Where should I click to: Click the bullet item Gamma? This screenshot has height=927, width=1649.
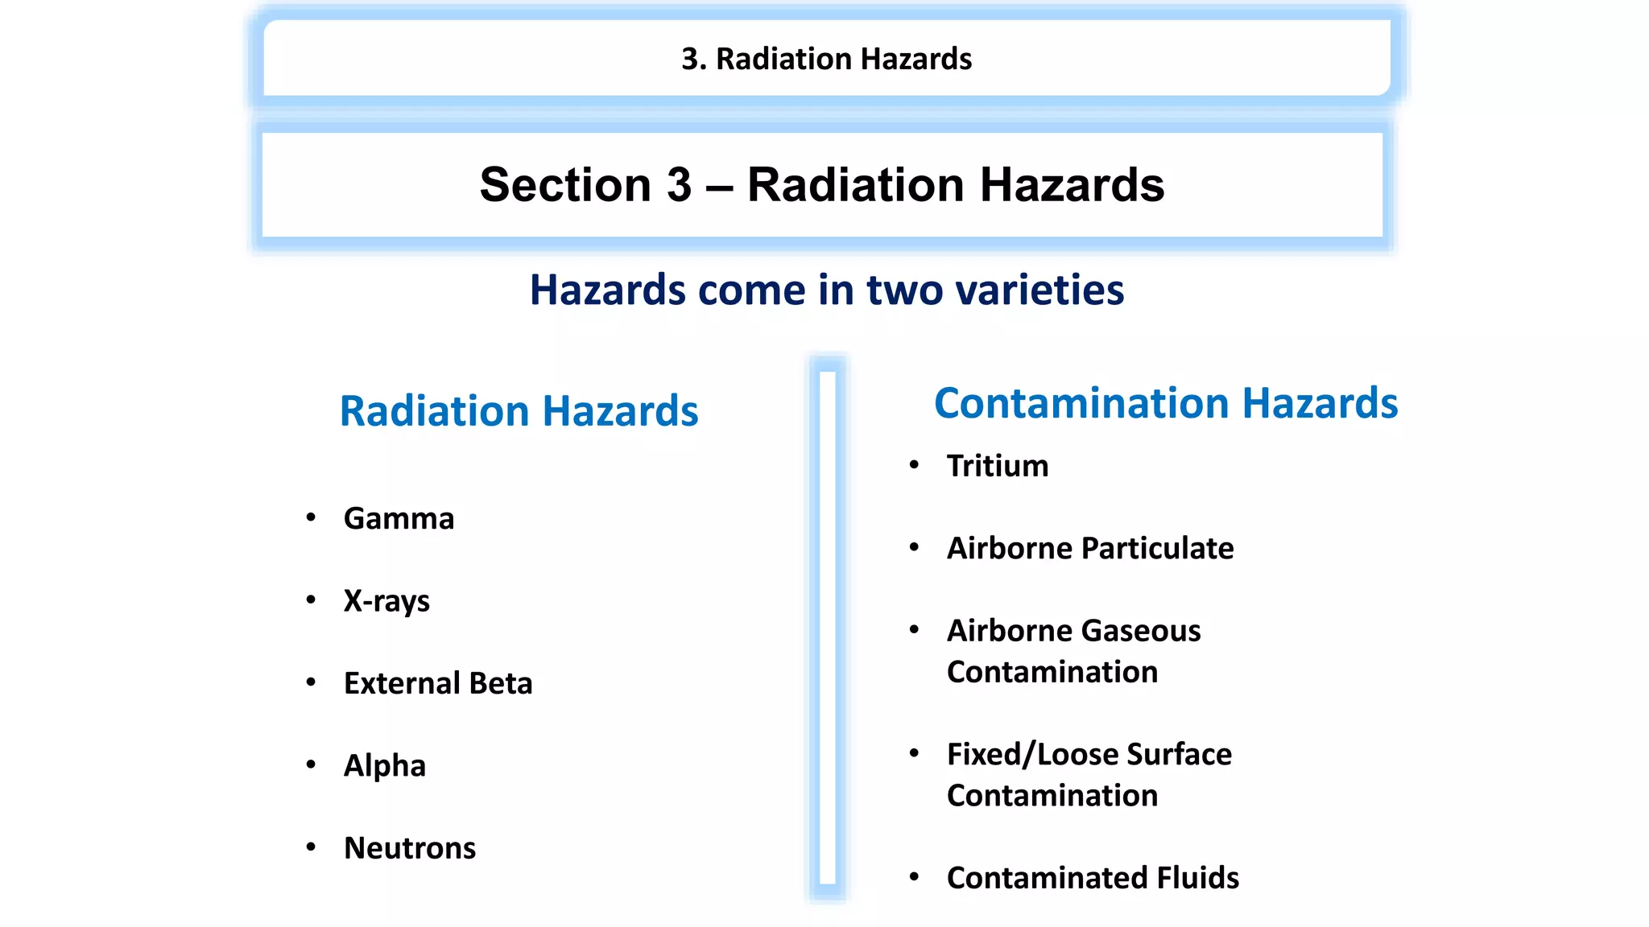(399, 519)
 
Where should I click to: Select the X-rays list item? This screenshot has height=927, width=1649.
(386, 601)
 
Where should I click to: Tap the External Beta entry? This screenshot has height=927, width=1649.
(438, 683)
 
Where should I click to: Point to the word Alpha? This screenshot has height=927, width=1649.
(385, 766)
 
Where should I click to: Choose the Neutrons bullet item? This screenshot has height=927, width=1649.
(410, 848)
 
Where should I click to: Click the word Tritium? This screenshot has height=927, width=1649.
(998, 466)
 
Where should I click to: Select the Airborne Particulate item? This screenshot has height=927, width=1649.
(1090, 549)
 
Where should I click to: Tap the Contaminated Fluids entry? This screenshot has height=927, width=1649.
(1093, 878)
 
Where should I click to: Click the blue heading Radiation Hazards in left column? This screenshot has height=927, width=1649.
(519, 411)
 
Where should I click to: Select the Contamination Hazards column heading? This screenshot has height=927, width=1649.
(1166, 403)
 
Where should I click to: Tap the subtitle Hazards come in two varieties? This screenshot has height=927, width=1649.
(827, 290)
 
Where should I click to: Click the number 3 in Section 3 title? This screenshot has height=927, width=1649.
(679, 185)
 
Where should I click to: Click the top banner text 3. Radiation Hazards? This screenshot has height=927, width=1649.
(827, 59)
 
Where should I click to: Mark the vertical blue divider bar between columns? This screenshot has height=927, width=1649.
(828, 628)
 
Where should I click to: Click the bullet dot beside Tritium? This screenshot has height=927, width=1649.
(914, 464)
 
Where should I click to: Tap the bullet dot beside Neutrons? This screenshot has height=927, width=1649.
(311, 847)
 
